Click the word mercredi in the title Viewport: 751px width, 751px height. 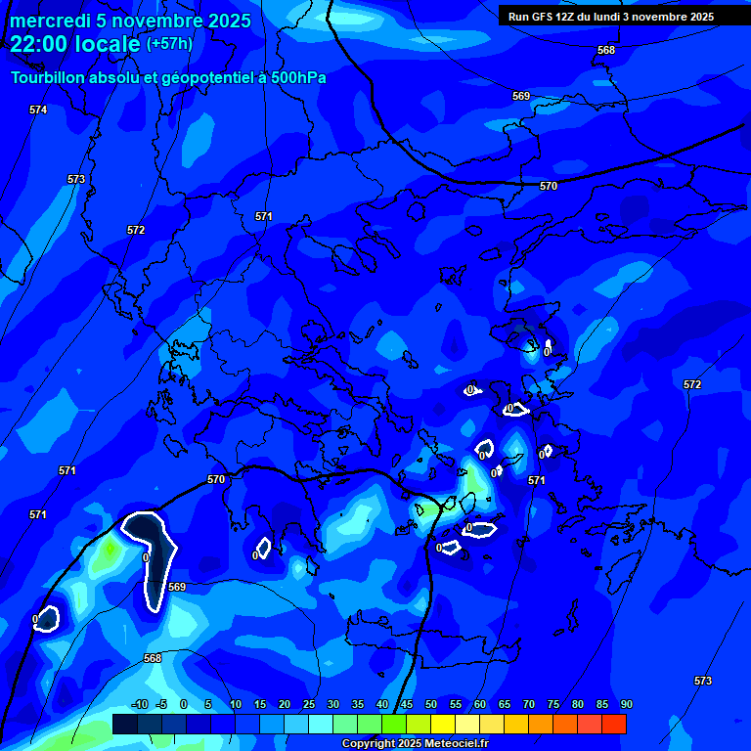coord(50,22)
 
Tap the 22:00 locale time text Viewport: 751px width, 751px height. coord(74,44)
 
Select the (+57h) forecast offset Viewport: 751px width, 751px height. coord(169,44)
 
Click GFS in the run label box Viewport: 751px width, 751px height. coord(541,17)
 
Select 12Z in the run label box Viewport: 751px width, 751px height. coord(565,17)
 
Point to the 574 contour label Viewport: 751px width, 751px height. coord(38,110)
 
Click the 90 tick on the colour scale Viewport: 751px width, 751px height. coord(626,704)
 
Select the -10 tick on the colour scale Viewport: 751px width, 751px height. coord(139,704)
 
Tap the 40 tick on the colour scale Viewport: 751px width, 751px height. coord(381,704)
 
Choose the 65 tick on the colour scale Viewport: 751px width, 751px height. coord(504,704)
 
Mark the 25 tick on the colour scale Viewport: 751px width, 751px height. coord(308,704)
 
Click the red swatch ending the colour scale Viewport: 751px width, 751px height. coord(614,724)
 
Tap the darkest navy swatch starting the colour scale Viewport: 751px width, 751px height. coord(124,724)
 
